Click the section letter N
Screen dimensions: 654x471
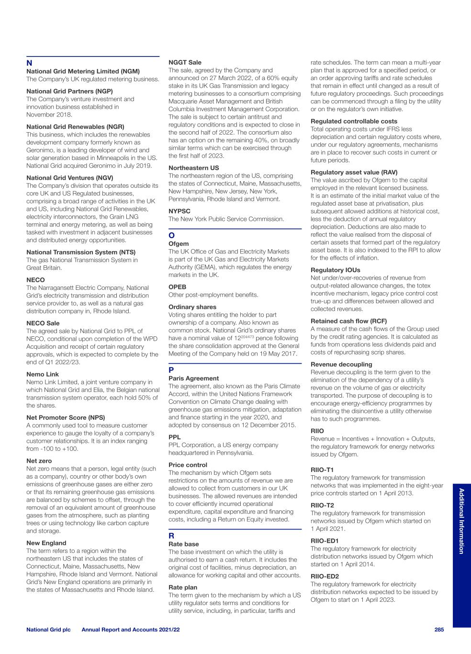[29, 63]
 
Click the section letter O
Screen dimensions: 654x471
[171, 236]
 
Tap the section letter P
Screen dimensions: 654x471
[171, 370]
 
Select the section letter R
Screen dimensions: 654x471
[171, 536]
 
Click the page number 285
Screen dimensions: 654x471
[439, 630]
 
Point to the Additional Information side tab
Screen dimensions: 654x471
[461, 521]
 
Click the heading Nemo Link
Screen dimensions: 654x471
[43, 374]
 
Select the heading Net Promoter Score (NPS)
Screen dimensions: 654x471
[66, 417]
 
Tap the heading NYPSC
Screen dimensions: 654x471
[179, 211]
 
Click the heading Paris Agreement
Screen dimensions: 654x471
[193, 378]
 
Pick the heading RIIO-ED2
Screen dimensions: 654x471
[325, 576]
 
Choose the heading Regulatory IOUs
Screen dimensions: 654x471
[336, 270]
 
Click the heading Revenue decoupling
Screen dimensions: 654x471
[341, 364]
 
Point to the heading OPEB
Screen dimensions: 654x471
[178, 287]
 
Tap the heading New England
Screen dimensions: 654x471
[46, 543]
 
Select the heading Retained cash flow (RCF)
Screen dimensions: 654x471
[348, 321]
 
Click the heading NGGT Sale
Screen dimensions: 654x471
[185, 62]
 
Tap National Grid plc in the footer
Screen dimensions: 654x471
[48, 630]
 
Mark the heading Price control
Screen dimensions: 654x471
[188, 465]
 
